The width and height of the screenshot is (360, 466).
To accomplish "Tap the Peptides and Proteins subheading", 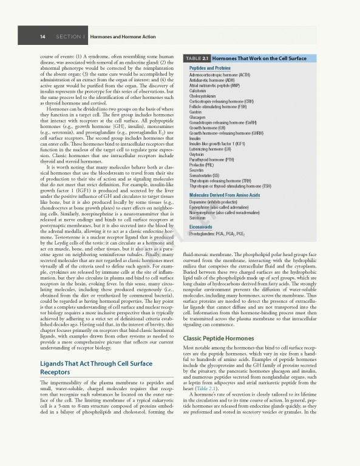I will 209,69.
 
